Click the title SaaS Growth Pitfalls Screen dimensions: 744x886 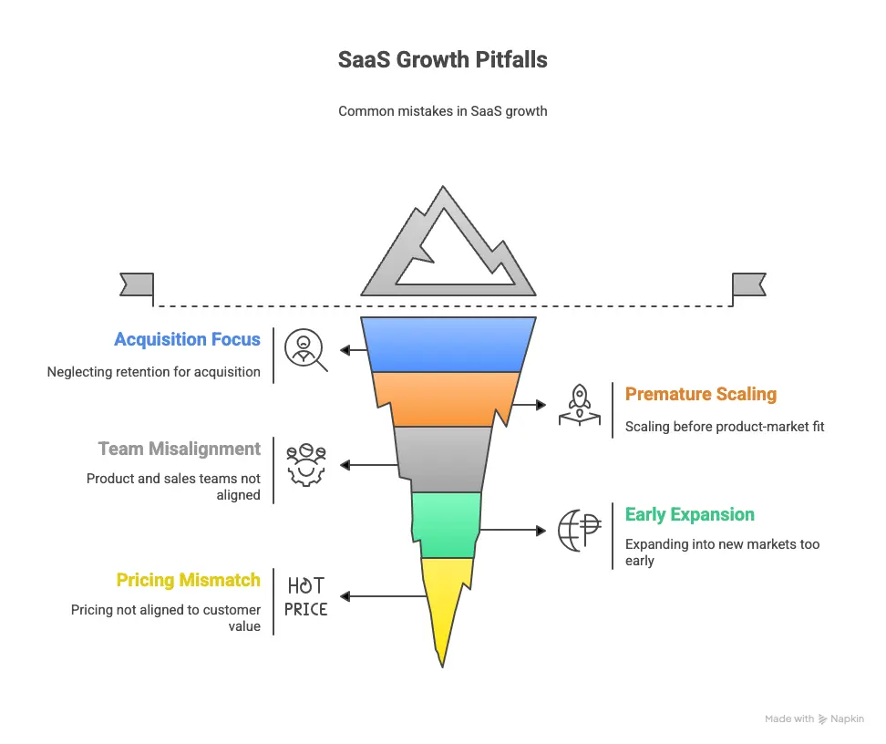coord(443,60)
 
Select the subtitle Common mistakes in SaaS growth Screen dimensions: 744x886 coord(443,111)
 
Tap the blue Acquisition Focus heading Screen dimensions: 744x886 coord(187,339)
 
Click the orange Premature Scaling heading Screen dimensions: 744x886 coord(700,394)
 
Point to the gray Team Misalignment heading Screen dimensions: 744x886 coord(179,449)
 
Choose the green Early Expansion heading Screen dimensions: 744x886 coord(689,514)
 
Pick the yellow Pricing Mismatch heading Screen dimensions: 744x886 coord(188,580)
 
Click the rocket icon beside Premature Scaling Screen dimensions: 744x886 coord(579,404)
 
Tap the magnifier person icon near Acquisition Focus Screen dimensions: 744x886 coord(305,350)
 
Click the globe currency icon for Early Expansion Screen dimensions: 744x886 coord(580,529)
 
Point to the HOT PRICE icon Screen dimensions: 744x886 coord(305,596)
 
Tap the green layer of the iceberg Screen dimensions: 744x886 coord(446,524)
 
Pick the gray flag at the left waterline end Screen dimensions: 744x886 coord(137,284)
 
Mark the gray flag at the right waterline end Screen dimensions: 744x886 coord(749,284)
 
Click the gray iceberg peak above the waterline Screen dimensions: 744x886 coord(446,246)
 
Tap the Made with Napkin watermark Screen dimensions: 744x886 coord(814,718)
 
